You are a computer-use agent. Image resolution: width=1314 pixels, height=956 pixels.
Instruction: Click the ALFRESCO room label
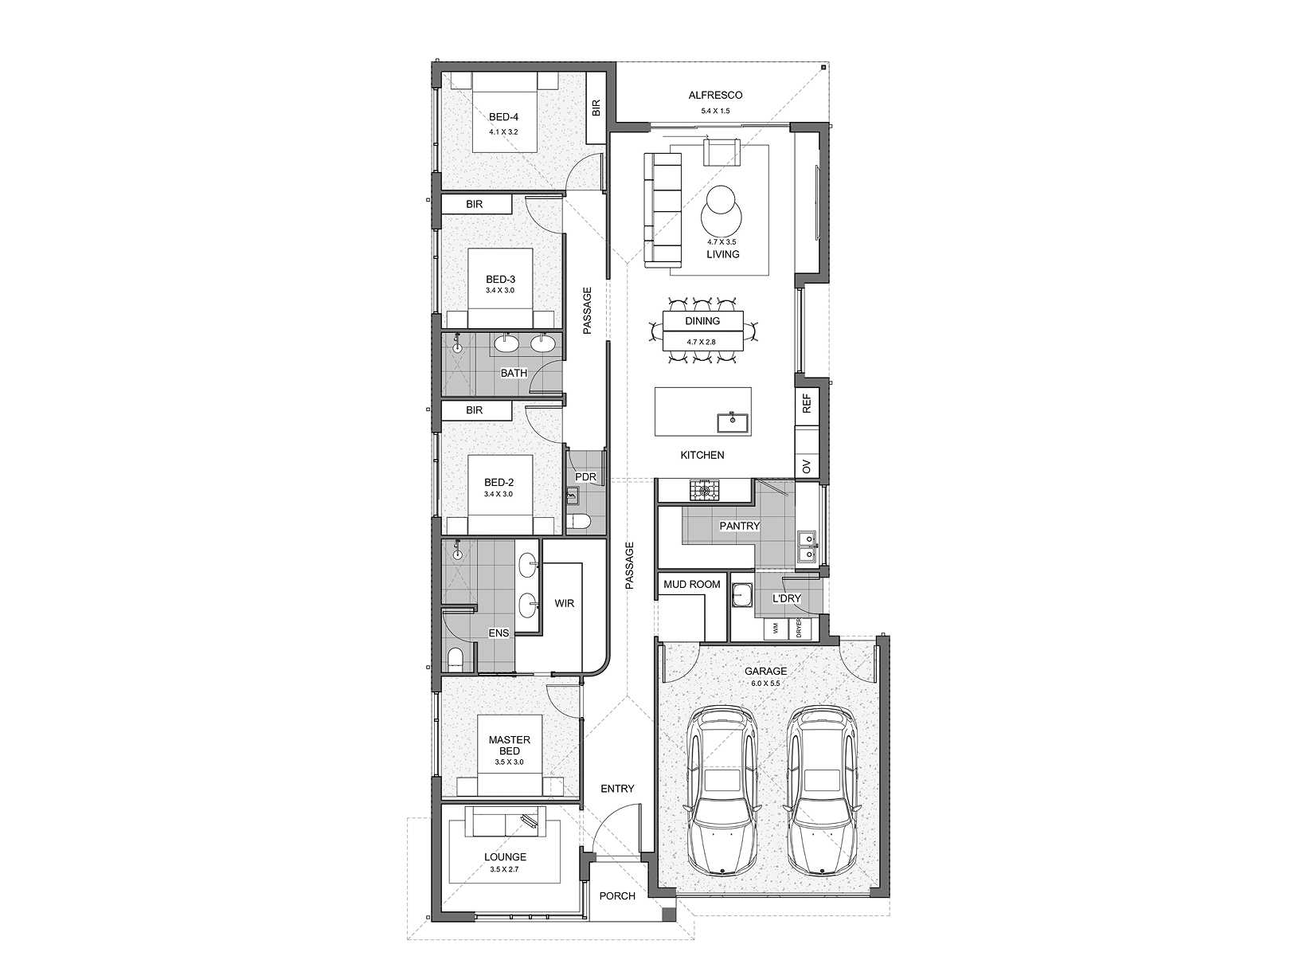pos(715,95)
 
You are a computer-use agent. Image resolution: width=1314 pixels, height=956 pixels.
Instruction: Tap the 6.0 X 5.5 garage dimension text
pos(765,684)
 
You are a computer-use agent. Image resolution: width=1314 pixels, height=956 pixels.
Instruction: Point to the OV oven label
pos(807,466)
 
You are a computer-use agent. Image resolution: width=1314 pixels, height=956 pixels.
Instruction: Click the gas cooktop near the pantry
pos(704,491)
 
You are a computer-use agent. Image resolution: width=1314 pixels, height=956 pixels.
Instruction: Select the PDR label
pos(585,477)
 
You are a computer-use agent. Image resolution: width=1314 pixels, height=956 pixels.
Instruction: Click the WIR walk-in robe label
pos(565,603)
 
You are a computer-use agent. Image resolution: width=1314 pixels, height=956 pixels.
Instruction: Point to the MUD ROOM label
pos(691,585)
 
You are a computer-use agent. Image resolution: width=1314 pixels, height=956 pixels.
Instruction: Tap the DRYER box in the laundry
pos(799,629)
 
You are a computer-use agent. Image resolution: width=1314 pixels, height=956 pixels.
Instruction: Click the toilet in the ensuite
pos(456,660)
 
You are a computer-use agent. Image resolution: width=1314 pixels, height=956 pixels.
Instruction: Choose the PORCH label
pos(617,896)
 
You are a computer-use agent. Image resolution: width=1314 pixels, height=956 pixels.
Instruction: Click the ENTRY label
pos(617,789)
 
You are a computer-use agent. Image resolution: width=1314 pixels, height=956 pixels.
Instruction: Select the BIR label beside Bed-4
pos(596,108)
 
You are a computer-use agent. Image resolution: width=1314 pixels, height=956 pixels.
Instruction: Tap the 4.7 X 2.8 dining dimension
pos(702,342)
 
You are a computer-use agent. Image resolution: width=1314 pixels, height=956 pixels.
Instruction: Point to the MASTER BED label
pos(509,746)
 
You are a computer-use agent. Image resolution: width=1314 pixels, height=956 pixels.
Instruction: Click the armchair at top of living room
pos(722,151)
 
